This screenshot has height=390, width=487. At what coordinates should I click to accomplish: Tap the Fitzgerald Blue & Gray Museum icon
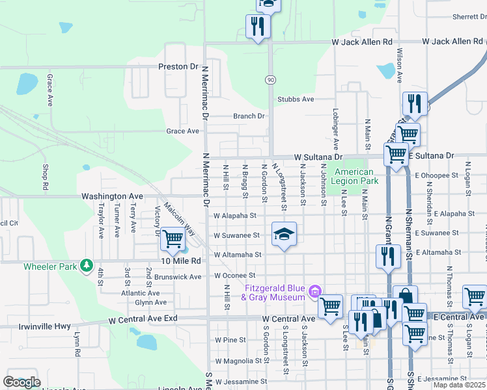click(316, 290)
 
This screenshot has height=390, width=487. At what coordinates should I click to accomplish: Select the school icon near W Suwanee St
click(284, 233)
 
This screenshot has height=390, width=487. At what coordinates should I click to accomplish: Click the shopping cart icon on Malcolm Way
click(173, 239)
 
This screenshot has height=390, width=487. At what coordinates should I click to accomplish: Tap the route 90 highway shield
click(270, 79)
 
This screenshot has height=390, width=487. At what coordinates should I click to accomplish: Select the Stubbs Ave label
click(296, 99)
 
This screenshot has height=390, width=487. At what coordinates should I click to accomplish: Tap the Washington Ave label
click(112, 196)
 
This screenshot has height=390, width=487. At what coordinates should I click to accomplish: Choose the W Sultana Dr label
click(318, 157)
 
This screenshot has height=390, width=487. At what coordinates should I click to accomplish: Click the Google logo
click(21, 382)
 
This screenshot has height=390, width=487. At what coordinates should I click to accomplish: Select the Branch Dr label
click(250, 116)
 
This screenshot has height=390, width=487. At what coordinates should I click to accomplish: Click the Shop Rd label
click(45, 176)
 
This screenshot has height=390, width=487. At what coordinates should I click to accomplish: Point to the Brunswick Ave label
click(178, 276)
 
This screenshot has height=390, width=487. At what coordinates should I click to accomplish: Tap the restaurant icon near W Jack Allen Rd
click(258, 27)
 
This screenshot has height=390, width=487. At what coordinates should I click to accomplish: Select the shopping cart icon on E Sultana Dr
click(396, 155)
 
